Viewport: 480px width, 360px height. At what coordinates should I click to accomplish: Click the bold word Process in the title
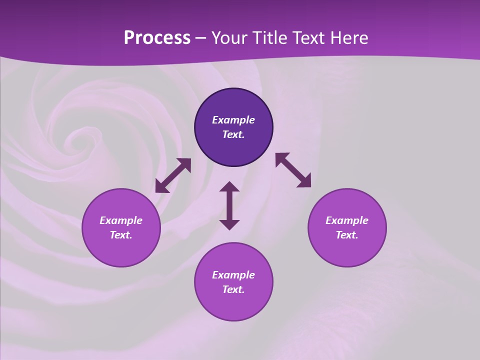pyautogui.click(x=157, y=38)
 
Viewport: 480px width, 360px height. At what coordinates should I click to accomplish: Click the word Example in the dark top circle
pyautogui.click(x=233, y=120)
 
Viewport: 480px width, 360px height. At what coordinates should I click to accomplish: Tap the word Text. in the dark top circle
pyautogui.click(x=233, y=134)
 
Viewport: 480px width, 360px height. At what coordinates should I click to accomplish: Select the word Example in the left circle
pyautogui.click(x=121, y=220)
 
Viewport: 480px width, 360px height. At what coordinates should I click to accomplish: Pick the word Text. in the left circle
pyautogui.click(x=121, y=235)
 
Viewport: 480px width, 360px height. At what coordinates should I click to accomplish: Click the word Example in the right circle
pyautogui.click(x=347, y=220)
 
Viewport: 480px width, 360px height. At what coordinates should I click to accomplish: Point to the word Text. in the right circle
pyautogui.click(x=347, y=235)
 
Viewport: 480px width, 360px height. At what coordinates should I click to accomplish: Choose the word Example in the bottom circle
pyautogui.click(x=233, y=275)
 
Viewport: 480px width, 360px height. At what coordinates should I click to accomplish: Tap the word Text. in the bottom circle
pyautogui.click(x=233, y=289)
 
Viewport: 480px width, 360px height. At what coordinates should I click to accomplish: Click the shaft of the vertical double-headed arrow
pyautogui.click(x=229, y=205)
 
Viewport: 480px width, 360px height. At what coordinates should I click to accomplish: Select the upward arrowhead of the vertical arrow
pyautogui.click(x=229, y=187)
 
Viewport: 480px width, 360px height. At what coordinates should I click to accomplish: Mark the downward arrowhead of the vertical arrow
pyautogui.click(x=229, y=224)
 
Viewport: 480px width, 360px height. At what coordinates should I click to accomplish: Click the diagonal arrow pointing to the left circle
pyautogui.click(x=173, y=175)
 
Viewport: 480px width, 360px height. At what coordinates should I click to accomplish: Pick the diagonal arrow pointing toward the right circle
pyautogui.click(x=293, y=170)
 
